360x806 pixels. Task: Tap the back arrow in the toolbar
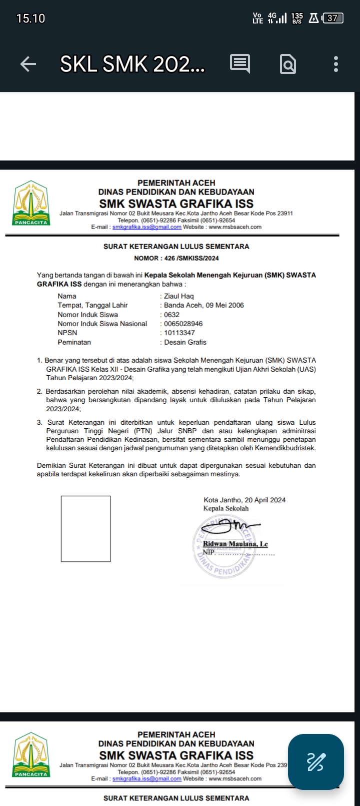(28, 64)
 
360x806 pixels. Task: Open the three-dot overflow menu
(335, 64)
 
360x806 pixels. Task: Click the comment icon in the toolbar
(240, 64)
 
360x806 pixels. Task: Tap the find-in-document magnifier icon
(288, 64)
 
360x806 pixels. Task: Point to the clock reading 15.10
(30, 19)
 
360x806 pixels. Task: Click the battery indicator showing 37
(333, 19)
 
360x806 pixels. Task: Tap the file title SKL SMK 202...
(132, 64)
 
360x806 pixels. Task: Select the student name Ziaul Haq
(178, 296)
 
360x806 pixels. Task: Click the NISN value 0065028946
(183, 324)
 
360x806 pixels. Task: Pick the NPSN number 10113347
(179, 333)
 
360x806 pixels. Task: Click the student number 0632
(171, 315)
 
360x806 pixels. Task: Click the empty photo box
(85, 528)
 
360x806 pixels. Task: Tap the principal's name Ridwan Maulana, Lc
(235, 544)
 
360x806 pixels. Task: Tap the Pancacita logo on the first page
(31, 204)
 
